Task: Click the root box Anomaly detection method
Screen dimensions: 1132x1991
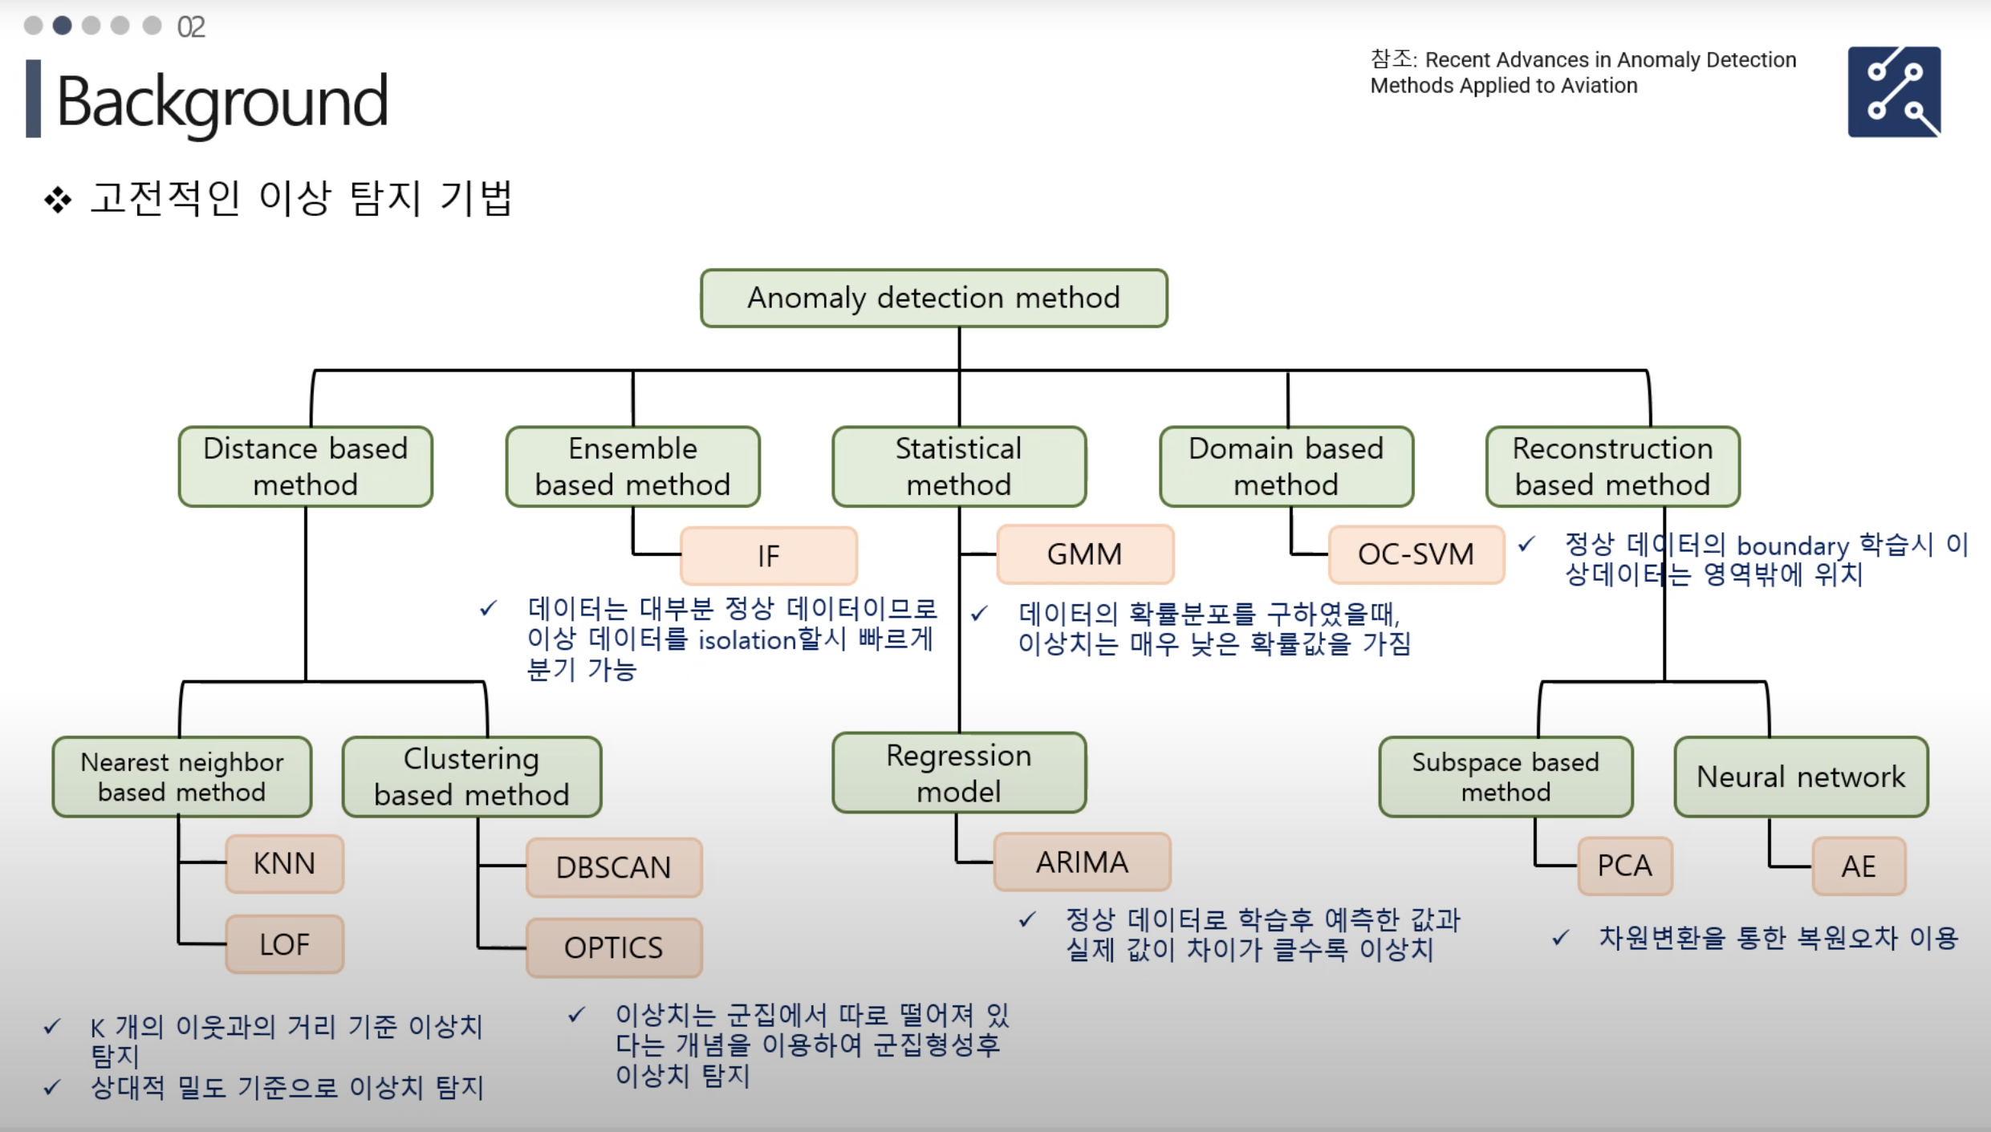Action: [x=933, y=298]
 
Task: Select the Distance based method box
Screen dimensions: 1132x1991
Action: [x=305, y=466]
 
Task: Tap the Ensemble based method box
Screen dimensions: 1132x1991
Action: [x=632, y=466]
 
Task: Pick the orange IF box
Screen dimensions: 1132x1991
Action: [x=768, y=555]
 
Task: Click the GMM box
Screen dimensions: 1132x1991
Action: [x=1084, y=554]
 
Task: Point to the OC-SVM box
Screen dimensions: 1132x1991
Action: [x=1416, y=554]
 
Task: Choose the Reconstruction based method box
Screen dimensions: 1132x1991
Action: [x=1612, y=466]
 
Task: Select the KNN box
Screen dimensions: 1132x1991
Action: [x=284, y=863]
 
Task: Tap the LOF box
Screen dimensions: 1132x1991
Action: [x=284, y=944]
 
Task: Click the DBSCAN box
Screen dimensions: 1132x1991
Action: [x=613, y=867]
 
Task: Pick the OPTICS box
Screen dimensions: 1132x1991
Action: [x=613, y=947]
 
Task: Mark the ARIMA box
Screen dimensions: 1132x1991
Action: [x=1082, y=862]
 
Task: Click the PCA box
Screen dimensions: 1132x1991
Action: [x=1624, y=866]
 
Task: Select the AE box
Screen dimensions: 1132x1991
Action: [x=1858, y=866]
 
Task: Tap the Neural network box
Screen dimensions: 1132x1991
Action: [x=1800, y=777]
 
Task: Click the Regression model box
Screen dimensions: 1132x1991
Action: [x=958, y=773]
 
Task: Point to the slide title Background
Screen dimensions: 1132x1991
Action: [x=222, y=101]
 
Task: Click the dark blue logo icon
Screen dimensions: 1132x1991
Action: [x=1894, y=91]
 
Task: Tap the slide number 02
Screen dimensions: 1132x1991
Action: [x=191, y=27]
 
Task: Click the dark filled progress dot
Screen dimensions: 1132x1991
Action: [x=62, y=26]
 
